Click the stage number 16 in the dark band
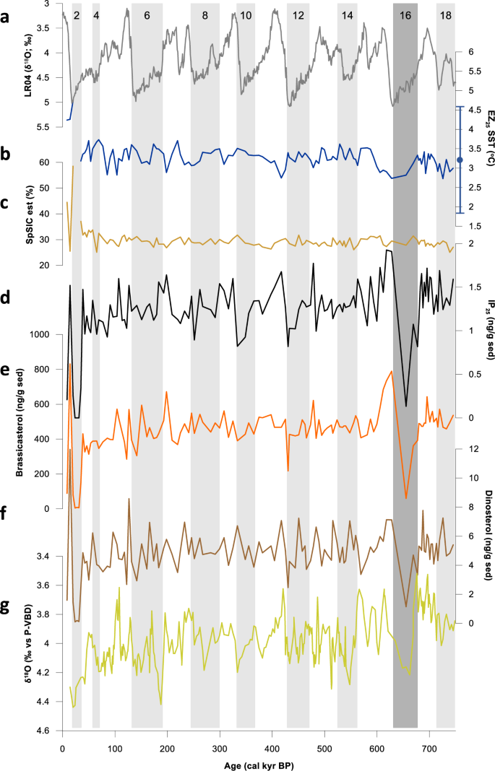point(405,15)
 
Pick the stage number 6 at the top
point(147,15)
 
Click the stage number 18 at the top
point(446,15)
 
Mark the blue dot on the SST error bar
point(460,160)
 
